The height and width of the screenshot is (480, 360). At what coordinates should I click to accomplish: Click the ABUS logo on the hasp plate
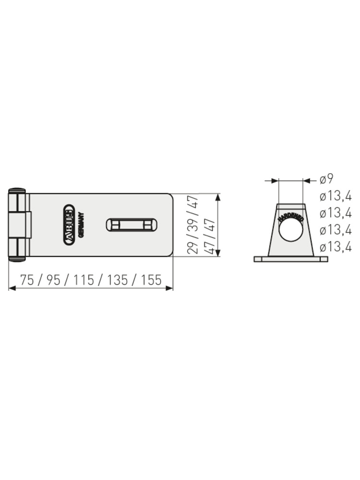click(69, 225)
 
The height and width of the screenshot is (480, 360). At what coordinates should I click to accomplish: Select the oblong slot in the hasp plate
click(132, 225)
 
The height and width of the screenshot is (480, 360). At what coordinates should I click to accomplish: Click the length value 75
click(27, 280)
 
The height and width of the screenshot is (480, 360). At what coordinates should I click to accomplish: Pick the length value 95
click(54, 280)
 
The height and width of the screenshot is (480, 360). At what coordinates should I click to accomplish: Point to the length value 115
click(84, 280)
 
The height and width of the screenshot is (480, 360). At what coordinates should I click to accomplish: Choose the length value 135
click(117, 280)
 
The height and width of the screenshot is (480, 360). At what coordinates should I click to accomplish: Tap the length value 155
click(151, 280)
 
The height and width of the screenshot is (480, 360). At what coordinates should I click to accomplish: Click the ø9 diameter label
click(326, 179)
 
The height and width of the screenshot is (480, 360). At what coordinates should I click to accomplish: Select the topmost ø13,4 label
click(336, 196)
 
